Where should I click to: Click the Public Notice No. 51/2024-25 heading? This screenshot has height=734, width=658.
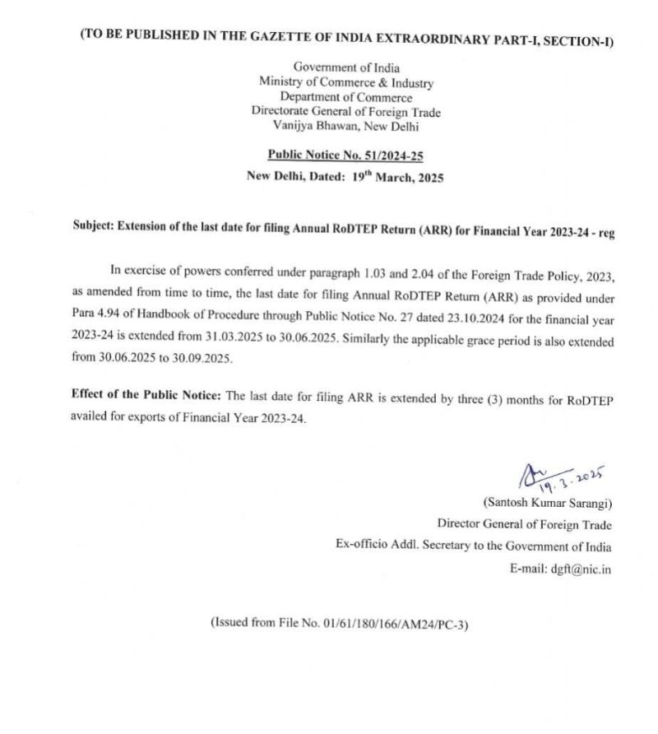(345, 154)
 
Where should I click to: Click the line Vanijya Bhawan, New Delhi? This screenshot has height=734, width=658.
(345, 126)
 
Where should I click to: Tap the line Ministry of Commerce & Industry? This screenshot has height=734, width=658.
(346, 82)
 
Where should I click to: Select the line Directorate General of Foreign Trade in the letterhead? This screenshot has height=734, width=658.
(346, 112)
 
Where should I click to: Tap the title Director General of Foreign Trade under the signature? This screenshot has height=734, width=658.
(524, 525)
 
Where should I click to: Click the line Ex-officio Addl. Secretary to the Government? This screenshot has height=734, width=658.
(474, 546)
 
